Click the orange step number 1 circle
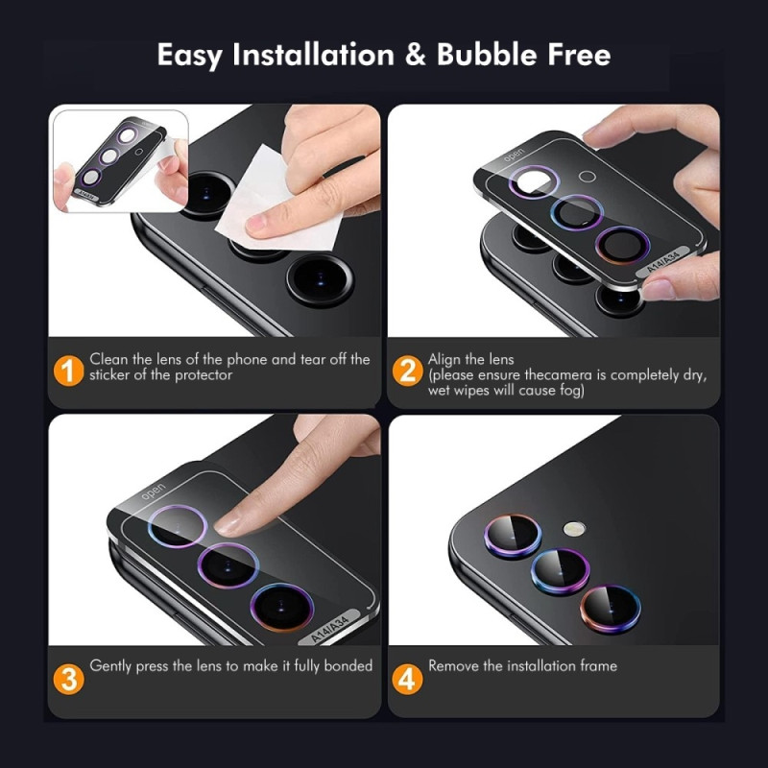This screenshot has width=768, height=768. pos(67,369)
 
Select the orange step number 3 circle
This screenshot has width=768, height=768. pos(67,679)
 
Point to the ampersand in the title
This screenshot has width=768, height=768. pos(415,55)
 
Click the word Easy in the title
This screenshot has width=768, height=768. pos(191,55)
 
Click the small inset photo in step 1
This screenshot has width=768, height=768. pos(119,159)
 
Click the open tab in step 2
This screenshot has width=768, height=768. pos(515,156)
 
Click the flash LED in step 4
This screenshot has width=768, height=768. pos(574,528)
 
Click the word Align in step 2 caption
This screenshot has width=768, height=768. pos(445,359)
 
